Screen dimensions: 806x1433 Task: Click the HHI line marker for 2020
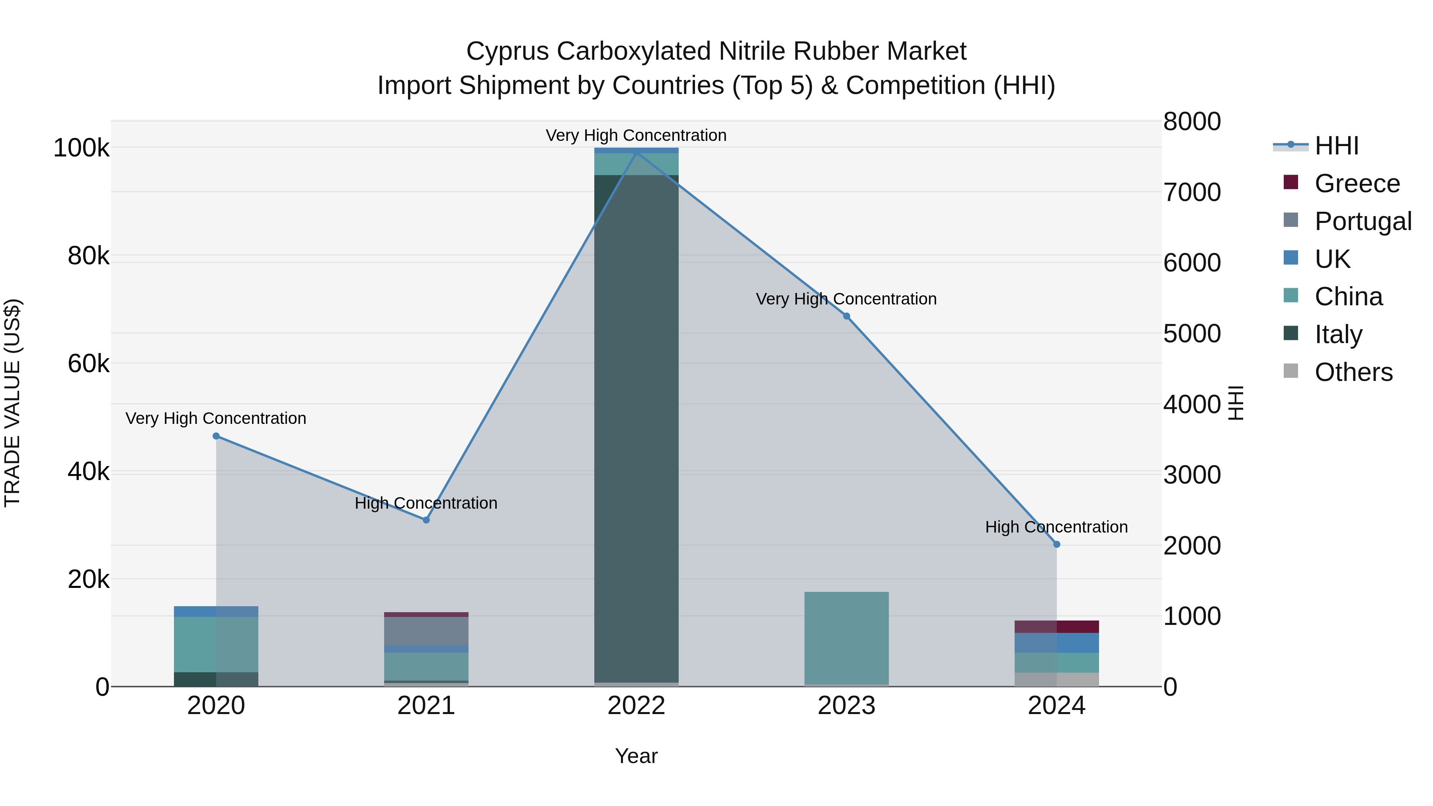point(217,436)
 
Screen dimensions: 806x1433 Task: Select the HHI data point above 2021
point(426,520)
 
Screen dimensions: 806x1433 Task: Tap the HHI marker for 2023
point(847,316)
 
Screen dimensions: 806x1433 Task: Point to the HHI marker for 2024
point(1057,544)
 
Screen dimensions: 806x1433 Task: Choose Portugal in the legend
point(1363,221)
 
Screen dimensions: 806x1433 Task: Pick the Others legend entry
point(1353,372)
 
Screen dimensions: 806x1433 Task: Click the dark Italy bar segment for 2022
point(636,428)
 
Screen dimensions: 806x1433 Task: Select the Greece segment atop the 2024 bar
point(1057,626)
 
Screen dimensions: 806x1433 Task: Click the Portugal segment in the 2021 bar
point(426,631)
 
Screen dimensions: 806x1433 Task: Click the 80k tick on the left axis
point(88,256)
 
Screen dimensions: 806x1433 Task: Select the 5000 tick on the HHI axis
point(1191,334)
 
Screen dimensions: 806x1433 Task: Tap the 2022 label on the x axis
point(636,706)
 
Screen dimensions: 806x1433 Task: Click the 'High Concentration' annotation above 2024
point(1056,527)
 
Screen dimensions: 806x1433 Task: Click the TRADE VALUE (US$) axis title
point(12,403)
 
